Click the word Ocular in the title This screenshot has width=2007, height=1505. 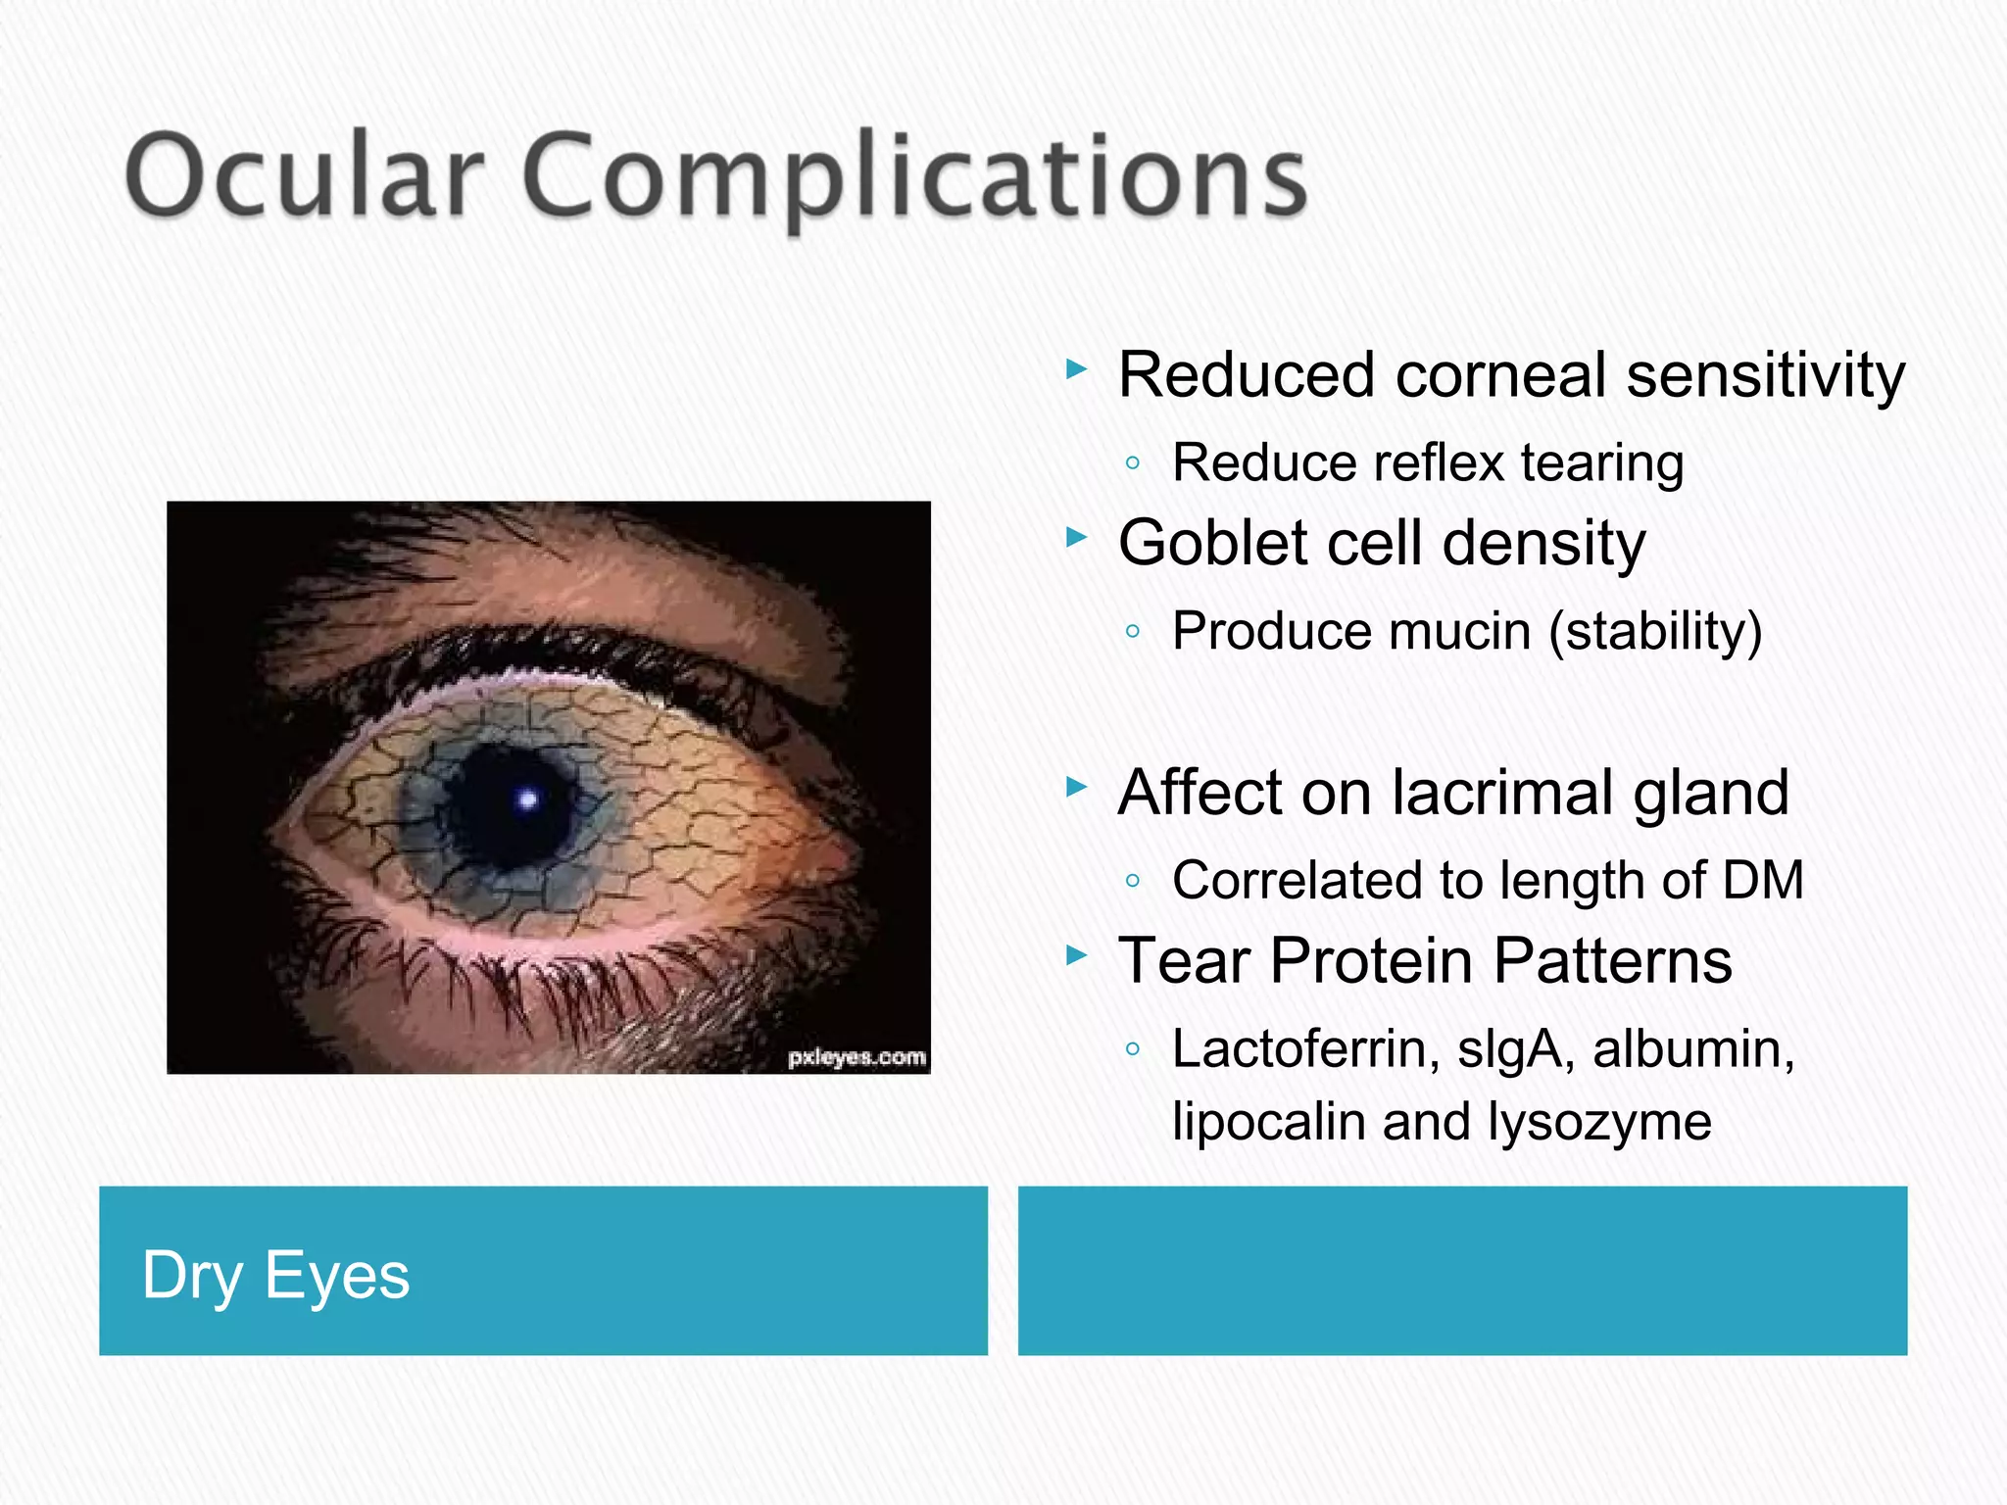point(304,176)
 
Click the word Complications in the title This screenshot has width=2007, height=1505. point(915,178)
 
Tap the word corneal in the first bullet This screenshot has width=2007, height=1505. point(1500,374)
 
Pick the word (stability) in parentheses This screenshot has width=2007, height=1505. point(1655,631)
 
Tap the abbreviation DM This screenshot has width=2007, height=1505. point(1763,880)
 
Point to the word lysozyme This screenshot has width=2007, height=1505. point(1598,1121)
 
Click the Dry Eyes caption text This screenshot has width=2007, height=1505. point(275,1276)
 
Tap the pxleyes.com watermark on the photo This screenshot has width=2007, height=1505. point(857,1057)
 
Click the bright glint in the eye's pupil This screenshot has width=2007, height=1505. point(528,800)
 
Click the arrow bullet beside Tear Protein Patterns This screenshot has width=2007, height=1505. point(1077,954)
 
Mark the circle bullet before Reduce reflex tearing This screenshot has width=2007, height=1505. point(1133,462)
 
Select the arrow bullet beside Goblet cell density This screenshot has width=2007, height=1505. point(1077,537)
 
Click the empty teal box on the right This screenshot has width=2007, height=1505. point(1462,1271)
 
